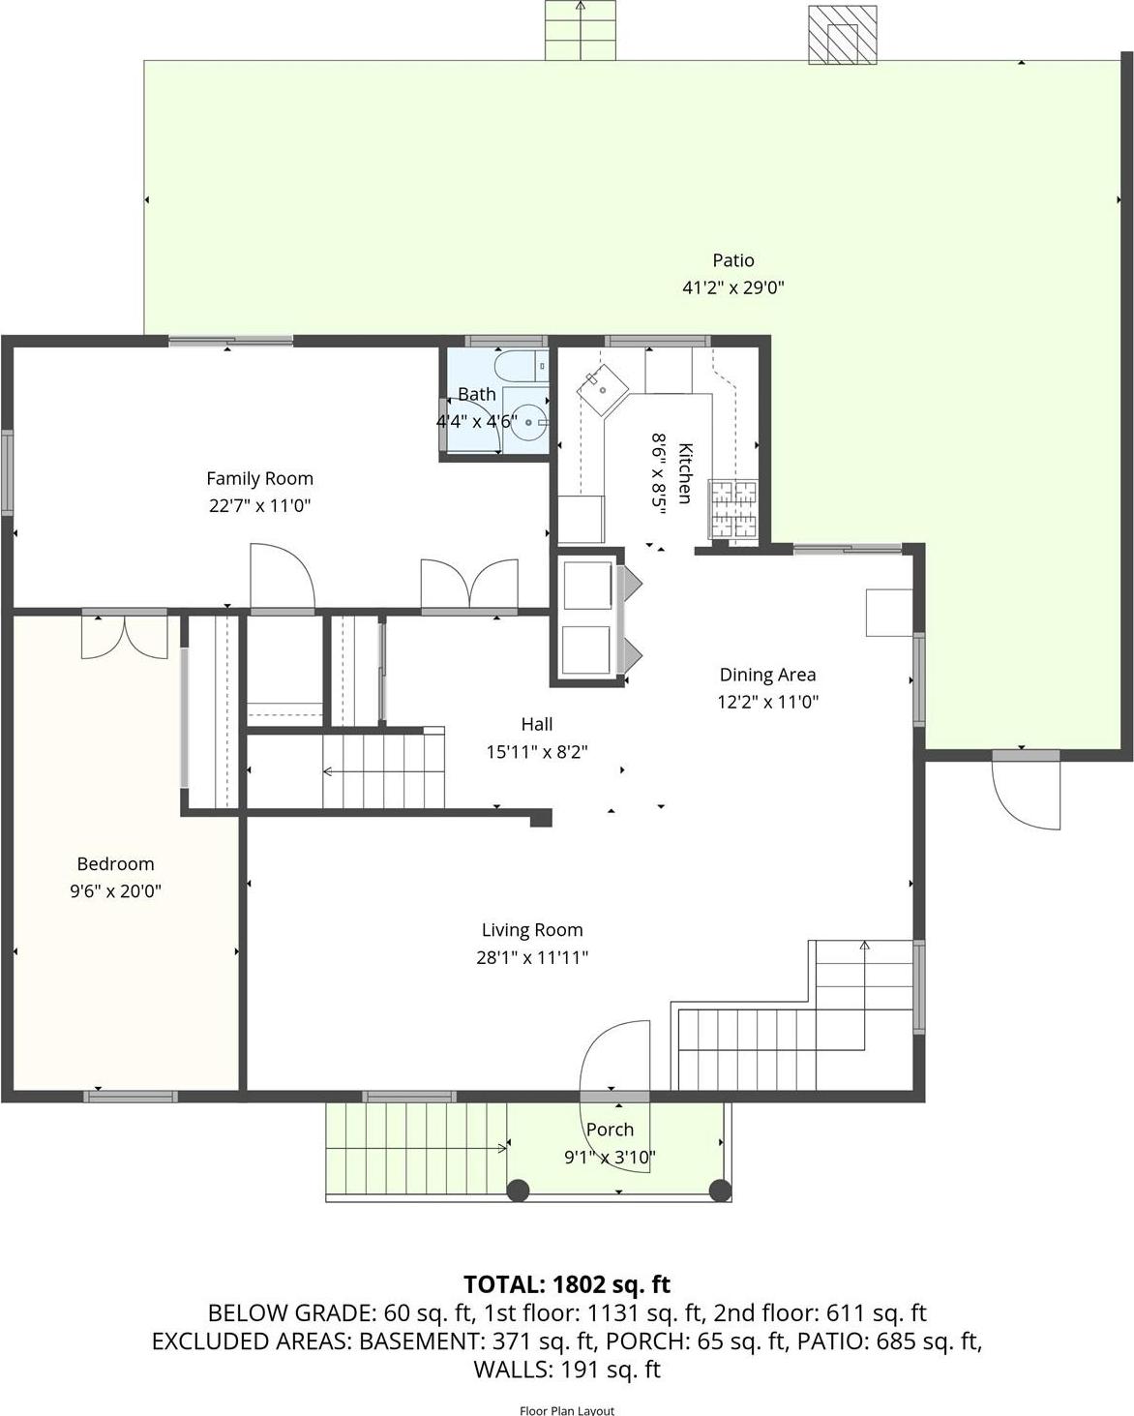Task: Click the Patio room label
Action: (732, 260)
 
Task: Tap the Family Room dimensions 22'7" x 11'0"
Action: (259, 505)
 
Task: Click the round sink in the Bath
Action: (527, 423)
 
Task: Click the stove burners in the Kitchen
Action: (734, 509)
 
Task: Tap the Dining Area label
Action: (767, 675)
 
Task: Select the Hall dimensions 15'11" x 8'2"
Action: (537, 751)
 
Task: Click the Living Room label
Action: (532, 930)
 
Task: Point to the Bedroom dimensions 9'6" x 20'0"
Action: (115, 891)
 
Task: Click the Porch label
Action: (610, 1130)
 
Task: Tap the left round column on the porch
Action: (519, 1190)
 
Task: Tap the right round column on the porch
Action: (720, 1190)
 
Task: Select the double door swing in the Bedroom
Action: (124, 638)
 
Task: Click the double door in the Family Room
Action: (469, 585)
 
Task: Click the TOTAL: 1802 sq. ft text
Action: (567, 1284)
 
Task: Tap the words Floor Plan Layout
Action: (567, 1410)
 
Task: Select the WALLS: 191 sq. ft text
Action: (567, 1370)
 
